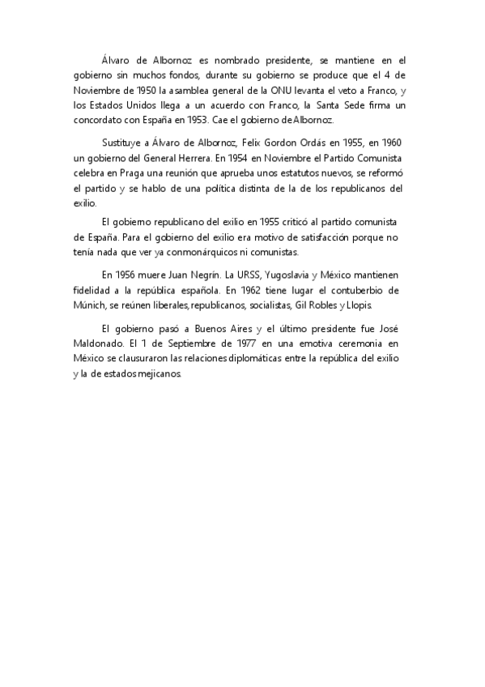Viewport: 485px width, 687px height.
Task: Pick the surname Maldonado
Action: (x=104, y=342)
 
